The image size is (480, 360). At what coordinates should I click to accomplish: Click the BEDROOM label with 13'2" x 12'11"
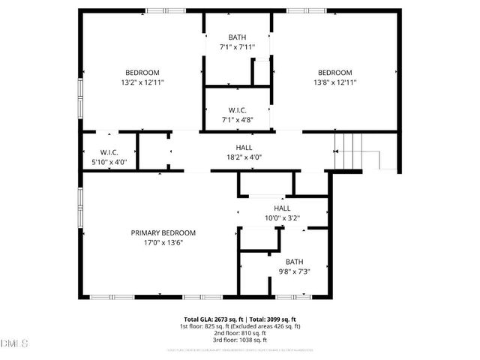[142, 72]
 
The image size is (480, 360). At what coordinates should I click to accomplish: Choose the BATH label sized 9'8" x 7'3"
[294, 261]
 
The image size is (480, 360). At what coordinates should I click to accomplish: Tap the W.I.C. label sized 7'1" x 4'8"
[238, 109]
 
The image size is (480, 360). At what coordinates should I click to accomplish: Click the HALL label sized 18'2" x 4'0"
[244, 148]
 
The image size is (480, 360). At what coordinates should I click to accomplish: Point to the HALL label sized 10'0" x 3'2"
[282, 208]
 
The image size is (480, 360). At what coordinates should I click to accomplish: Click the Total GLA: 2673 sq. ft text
[212, 319]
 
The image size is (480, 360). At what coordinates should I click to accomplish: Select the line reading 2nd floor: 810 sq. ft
[240, 333]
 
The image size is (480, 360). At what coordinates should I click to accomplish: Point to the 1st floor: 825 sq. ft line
[240, 326]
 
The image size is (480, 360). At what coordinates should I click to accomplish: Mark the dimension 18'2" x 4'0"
[244, 157]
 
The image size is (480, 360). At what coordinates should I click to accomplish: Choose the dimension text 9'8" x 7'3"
[294, 271]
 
